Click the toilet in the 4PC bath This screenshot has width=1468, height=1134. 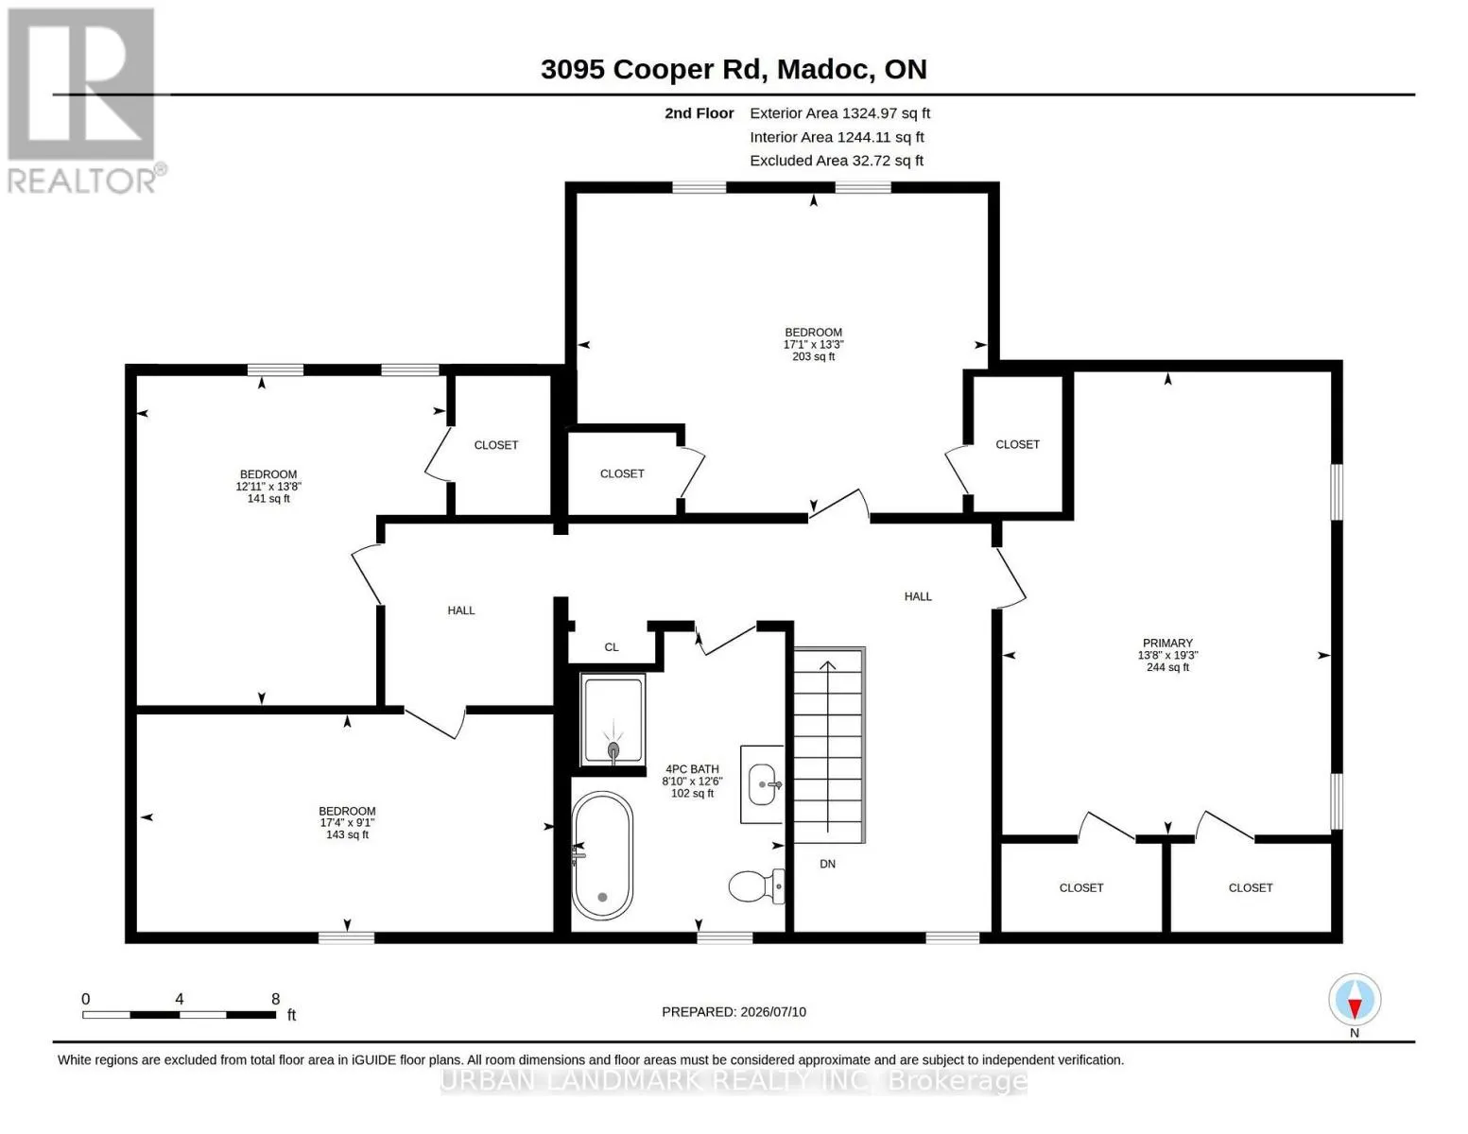click(x=756, y=885)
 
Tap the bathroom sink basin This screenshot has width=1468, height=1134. click(x=765, y=784)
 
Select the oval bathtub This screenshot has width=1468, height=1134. click(x=602, y=855)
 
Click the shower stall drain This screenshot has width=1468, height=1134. click(x=613, y=749)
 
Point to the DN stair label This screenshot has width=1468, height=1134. click(x=827, y=864)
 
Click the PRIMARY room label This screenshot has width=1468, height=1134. click(x=1167, y=643)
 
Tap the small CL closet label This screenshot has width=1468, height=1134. click(x=612, y=647)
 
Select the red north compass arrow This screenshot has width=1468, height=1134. click(x=1354, y=1007)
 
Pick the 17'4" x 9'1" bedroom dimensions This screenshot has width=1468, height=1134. click(x=347, y=823)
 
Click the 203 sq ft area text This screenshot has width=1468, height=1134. click(x=813, y=356)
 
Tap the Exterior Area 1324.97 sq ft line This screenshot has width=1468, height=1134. click(x=839, y=113)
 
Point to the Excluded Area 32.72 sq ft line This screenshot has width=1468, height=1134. click(x=837, y=161)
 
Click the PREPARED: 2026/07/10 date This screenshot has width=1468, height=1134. click(x=734, y=1012)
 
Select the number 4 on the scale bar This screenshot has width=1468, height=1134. click(x=179, y=998)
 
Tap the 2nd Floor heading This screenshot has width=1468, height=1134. click(x=699, y=113)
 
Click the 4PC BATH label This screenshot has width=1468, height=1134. click(x=692, y=768)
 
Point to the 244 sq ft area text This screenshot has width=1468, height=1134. click(x=1167, y=667)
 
